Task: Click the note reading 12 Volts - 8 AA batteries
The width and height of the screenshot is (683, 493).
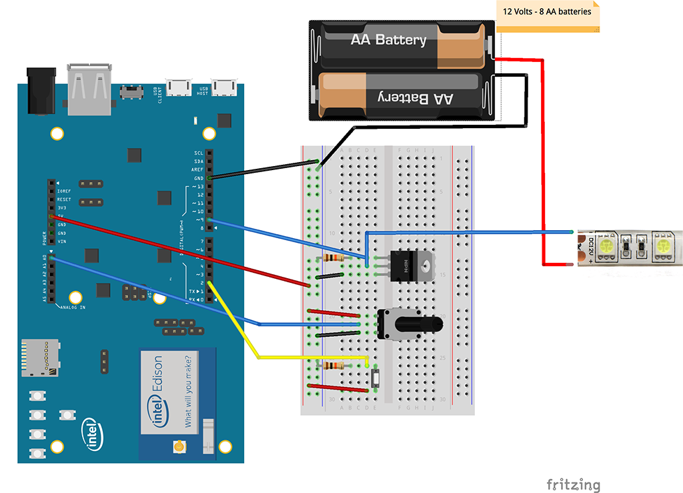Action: click(547, 12)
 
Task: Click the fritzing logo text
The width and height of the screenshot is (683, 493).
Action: click(573, 485)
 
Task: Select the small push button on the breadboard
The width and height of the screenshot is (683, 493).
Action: click(375, 379)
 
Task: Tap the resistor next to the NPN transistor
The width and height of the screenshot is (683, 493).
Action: click(329, 258)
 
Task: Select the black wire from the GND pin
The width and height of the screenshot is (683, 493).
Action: click(263, 172)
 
